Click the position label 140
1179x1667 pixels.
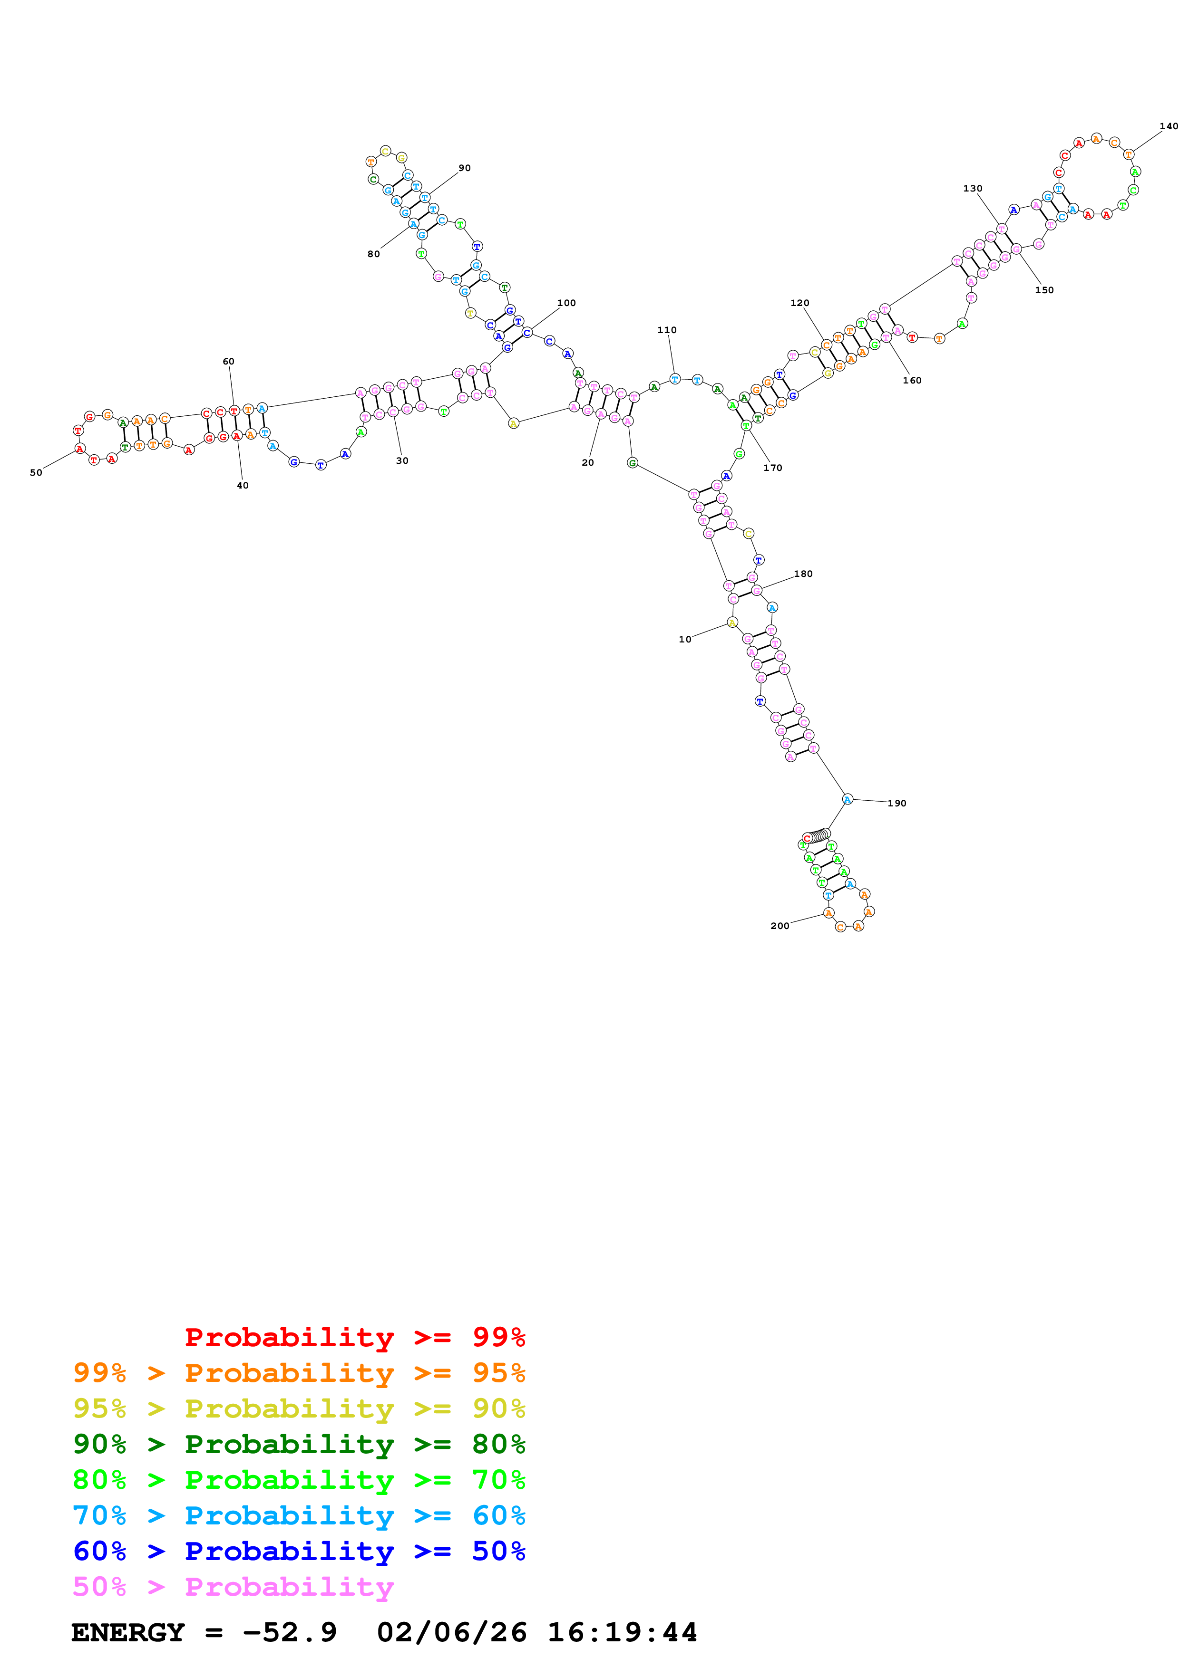click(1168, 126)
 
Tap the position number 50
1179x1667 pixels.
click(36, 473)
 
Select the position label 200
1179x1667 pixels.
click(780, 926)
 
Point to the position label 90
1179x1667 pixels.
click(464, 168)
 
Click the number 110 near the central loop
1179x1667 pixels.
click(666, 330)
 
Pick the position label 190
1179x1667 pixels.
click(896, 803)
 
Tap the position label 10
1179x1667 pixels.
click(684, 640)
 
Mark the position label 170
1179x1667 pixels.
click(772, 468)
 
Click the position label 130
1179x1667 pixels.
click(972, 189)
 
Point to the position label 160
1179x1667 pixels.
click(912, 381)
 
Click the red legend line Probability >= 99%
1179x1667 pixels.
click(354, 1337)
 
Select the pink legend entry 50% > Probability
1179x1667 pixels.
click(233, 1587)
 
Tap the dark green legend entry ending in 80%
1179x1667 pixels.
click(299, 1444)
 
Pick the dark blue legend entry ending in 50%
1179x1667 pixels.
click(299, 1551)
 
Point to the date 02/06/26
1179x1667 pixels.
click(451, 1633)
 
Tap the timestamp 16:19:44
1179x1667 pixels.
click(622, 1633)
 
